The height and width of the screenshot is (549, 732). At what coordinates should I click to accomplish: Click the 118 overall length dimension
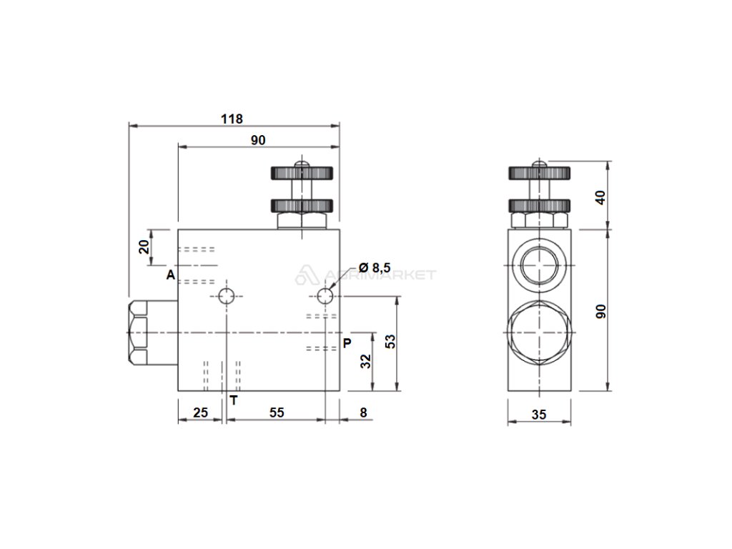click(x=232, y=119)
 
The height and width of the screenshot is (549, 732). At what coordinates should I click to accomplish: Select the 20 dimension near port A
click(x=145, y=246)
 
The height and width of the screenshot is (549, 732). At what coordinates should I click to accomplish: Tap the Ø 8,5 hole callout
click(x=374, y=267)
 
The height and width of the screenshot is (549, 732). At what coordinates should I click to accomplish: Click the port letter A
click(x=171, y=275)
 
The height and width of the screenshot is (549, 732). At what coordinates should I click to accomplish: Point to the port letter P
click(x=347, y=343)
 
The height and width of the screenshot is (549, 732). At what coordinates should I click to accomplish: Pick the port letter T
click(x=234, y=400)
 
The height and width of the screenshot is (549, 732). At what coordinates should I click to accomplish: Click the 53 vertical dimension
click(x=391, y=341)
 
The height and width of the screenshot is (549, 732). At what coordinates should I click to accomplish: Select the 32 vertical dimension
click(x=365, y=361)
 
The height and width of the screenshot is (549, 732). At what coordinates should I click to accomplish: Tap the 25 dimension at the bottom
click(x=200, y=412)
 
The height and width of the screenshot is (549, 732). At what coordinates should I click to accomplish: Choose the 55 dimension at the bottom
click(x=277, y=412)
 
